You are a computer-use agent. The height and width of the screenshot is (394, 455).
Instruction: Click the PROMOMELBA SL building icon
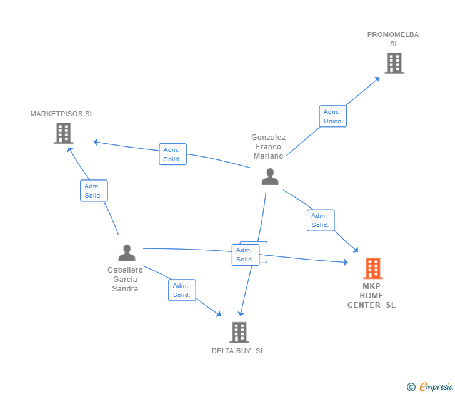click(394, 63)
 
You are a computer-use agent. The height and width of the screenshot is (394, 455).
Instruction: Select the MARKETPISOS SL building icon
click(63, 133)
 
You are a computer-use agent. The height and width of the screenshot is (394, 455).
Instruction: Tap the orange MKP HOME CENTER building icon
click(372, 268)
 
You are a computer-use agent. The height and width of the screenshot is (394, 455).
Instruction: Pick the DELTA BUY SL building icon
click(239, 332)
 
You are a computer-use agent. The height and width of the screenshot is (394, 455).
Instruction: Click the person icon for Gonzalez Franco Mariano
click(270, 177)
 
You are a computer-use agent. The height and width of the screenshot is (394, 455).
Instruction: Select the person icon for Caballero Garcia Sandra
click(127, 253)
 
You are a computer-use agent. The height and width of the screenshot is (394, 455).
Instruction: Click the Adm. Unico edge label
click(332, 116)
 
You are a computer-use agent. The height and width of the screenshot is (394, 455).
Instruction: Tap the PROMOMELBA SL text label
click(393, 39)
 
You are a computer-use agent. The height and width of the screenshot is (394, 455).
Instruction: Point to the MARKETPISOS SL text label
click(62, 114)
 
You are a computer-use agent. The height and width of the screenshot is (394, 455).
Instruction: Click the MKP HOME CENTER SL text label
click(372, 296)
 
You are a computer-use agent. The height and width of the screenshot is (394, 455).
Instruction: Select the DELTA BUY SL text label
click(238, 351)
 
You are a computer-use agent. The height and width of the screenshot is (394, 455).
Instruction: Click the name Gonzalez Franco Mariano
click(269, 146)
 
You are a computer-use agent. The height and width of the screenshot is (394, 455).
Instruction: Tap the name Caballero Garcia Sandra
click(125, 280)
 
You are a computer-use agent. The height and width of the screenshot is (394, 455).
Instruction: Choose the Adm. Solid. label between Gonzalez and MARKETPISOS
click(172, 154)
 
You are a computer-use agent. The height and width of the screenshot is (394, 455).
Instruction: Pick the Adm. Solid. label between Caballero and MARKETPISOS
click(94, 191)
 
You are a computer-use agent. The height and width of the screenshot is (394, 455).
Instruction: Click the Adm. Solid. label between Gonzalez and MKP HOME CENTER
click(321, 220)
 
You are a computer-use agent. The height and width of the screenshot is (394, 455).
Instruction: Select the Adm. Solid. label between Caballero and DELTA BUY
click(182, 290)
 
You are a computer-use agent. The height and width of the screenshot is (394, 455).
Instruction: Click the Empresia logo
click(436, 387)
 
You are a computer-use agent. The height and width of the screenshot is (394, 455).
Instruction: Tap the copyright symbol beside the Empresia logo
click(411, 387)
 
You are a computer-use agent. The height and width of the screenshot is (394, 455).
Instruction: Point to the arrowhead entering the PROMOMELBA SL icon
click(377, 79)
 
